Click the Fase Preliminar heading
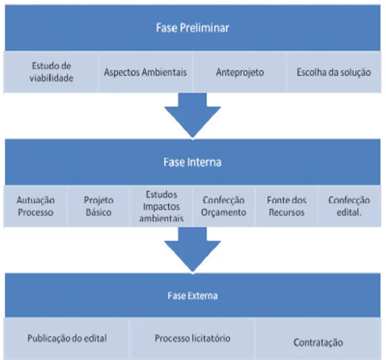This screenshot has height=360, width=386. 192,28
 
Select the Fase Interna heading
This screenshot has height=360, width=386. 192,162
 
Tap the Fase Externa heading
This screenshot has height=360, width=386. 192,295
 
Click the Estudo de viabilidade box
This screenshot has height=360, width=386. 51,72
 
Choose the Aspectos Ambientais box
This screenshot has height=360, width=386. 146,72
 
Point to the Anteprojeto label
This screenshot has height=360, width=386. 240,72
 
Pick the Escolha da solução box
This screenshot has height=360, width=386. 334,72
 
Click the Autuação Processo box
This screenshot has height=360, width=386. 36,206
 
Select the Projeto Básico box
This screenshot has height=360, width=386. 99,206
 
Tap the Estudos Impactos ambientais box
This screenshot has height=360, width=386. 161,206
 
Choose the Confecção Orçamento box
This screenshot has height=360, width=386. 224,206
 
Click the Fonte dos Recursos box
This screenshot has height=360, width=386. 287,206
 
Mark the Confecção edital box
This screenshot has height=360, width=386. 350,206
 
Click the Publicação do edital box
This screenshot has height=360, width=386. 67,338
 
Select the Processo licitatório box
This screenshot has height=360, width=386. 192,338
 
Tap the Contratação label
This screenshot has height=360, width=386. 318,342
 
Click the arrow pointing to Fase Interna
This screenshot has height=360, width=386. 192,115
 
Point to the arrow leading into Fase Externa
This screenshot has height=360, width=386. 192,249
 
